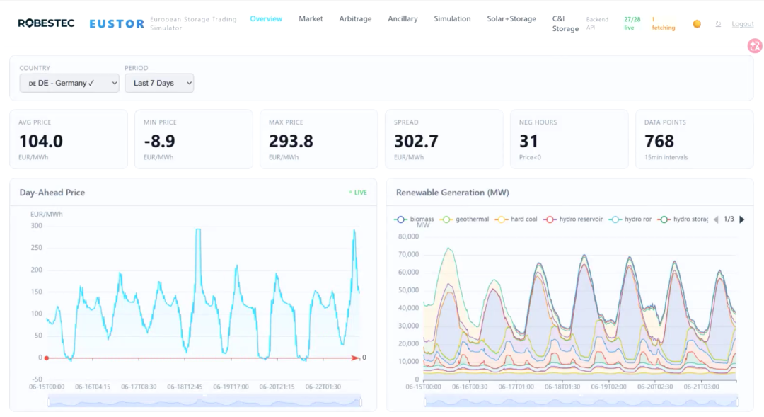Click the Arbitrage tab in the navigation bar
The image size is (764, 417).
[x=355, y=18]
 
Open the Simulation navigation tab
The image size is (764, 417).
[x=452, y=18]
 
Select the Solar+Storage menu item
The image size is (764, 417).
[x=511, y=18]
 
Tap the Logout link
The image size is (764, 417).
[x=742, y=24]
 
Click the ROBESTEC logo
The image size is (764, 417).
[x=46, y=23]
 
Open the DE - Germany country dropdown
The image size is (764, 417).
[x=69, y=83]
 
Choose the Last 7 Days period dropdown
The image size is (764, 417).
[x=159, y=83]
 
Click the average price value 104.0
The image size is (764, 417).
[x=41, y=141]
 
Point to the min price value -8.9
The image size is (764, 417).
[x=159, y=141]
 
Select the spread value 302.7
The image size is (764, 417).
[x=416, y=141]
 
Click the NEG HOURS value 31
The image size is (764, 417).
[x=528, y=141]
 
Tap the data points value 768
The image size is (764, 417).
[x=659, y=141]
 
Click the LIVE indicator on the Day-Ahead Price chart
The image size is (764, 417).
[x=358, y=193]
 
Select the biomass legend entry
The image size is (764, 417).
[x=414, y=219]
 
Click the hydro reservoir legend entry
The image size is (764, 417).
[x=574, y=219]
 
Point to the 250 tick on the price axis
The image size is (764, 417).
[x=37, y=248]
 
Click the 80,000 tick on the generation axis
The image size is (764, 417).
[x=408, y=236]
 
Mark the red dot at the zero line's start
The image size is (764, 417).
[x=47, y=358]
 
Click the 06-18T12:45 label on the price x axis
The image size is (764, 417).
[x=185, y=387]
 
